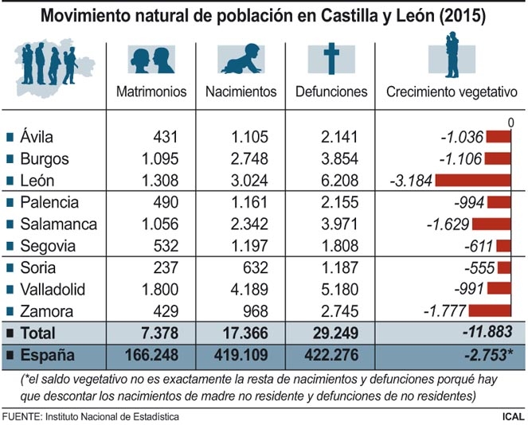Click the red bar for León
pyautogui.click(x=471, y=180)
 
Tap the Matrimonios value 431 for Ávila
pyautogui.click(x=169, y=137)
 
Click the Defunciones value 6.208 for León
pyautogui.click(x=342, y=180)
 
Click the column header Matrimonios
pyautogui.click(x=151, y=92)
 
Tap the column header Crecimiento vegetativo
pyautogui.click(x=452, y=92)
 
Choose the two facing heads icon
pyautogui.click(x=151, y=60)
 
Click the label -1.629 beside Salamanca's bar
pyautogui.click(x=446, y=224)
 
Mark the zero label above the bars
pyautogui.click(x=510, y=122)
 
